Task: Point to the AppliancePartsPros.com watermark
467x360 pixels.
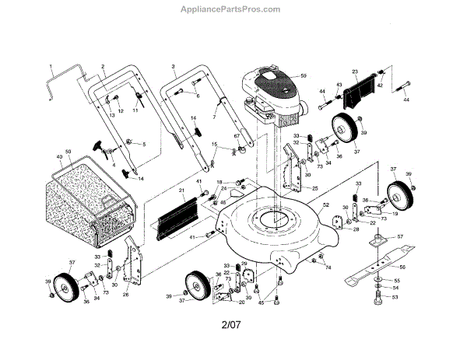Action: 233,10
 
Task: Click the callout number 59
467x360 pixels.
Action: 304,75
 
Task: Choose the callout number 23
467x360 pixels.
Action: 354,71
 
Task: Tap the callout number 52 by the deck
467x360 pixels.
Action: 326,205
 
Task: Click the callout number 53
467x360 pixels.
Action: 394,296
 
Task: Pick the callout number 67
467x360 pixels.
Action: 236,136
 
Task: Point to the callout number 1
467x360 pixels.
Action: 51,67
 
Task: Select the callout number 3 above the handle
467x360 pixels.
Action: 173,67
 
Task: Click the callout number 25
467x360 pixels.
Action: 314,188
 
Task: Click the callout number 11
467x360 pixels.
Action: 135,110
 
